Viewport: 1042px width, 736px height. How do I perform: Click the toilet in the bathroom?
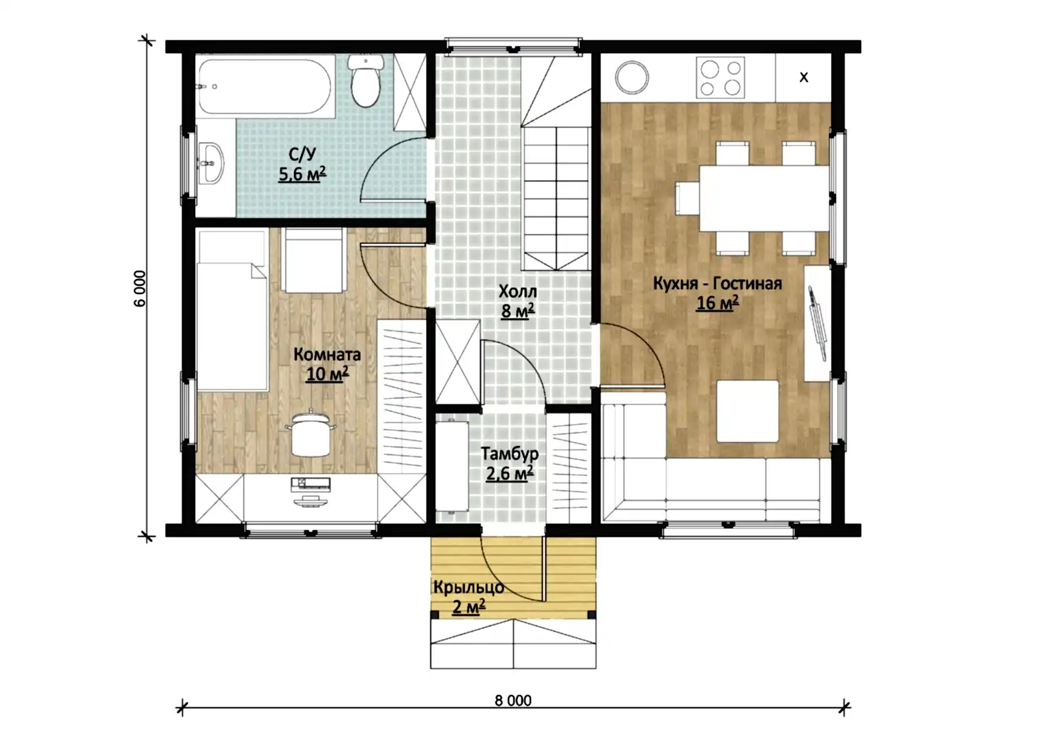[x=366, y=81]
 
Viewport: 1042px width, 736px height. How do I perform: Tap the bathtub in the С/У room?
[x=265, y=87]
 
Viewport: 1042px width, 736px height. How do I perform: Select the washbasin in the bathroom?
[x=211, y=163]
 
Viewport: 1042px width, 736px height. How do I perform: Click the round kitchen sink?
[x=632, y=77]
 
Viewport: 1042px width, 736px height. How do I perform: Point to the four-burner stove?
[x=720, y=77]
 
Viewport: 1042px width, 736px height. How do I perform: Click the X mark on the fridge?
[x=804, y=77]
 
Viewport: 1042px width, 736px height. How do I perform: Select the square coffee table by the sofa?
[x=747, y=411]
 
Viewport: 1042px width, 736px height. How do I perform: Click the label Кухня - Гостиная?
[x=717, y=283]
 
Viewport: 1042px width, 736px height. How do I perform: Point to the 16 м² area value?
[x=717, y=303]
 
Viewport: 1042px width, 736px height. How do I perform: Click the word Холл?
[x=518, y=291]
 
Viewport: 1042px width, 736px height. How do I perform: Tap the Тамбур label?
[x=510, y=454]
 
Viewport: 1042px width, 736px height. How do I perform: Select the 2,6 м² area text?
[x=510, y=473]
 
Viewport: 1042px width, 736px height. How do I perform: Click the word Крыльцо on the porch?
[x=469, y=587]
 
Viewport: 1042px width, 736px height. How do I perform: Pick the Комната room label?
[x=327, y=355]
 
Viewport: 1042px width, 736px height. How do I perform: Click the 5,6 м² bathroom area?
[x=302, y=174]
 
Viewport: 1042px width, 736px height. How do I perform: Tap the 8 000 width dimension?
[x=513, y=701]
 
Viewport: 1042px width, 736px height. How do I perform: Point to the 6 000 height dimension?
[x=140, y=289]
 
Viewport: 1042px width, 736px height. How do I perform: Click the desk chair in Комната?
[x=310, y=433]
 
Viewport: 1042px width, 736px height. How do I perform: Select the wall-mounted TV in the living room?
[x=817, y=323]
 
